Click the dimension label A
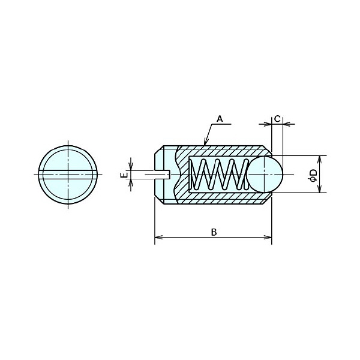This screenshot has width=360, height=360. (220, 119)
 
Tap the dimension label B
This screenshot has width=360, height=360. (214, 232)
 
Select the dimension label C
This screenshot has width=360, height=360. (277, 119)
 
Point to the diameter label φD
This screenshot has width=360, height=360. (313, 176)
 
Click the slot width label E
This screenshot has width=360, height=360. (124, 175)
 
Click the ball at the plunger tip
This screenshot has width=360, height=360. (265, 175)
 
